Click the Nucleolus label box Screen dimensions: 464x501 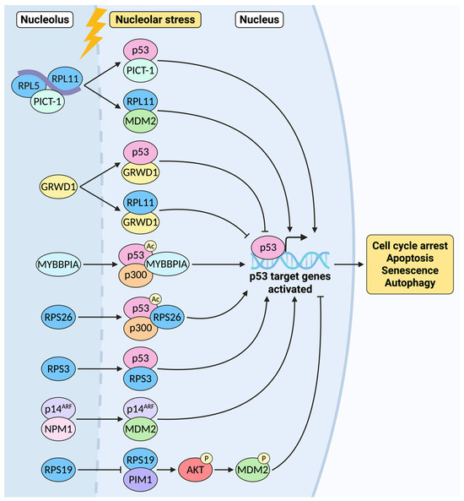click(45, 19)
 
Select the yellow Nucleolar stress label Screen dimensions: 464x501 click(155, 19)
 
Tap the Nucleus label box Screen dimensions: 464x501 click(259, 19)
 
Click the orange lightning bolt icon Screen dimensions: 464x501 click(93, 34)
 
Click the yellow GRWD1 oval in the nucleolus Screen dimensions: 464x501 click(58, 187)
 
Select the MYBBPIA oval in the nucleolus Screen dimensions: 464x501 click(58, 264)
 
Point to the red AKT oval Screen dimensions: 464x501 click(195, 470)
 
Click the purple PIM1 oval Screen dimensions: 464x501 click(140, 480)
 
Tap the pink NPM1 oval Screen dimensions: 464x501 click(58, 429)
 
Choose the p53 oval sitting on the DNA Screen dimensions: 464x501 click(267, 248)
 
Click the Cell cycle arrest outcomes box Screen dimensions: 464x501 click(410, 264)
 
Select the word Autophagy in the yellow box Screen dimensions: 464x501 click(410, 283)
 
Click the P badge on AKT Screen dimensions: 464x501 click(207, 459)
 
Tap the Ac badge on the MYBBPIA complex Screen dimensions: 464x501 click(150, 246)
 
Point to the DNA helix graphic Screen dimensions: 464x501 click(290, 260)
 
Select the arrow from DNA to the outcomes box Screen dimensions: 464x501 click(348, 264)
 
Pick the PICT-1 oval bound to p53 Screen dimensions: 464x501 click(140, 71)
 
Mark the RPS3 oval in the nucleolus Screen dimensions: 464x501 click(58, 369)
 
